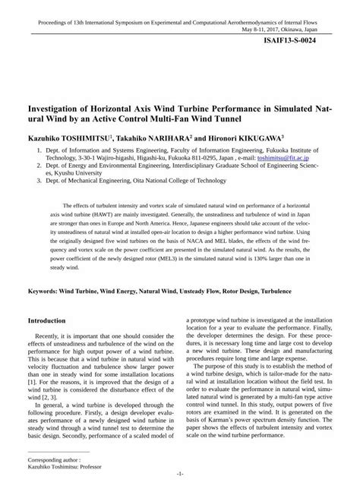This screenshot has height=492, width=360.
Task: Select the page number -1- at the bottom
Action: tap(180, 474)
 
